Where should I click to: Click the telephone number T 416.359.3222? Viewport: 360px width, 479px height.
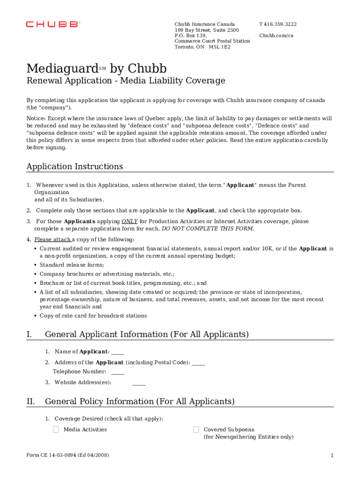[x=278, y=24]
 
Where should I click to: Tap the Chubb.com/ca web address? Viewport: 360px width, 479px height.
[x=276, y=36]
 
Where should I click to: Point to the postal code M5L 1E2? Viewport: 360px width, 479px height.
[x=220, y=47]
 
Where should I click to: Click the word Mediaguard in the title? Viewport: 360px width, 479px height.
[x=62, y=68]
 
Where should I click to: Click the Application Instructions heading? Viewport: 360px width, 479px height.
[x=75, y=167]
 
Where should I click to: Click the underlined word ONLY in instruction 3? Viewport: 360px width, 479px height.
[x=130, y=221]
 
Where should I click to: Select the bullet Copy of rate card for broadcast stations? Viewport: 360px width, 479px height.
[x=93, y=316]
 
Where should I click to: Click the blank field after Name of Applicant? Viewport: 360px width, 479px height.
[x=118, y=352]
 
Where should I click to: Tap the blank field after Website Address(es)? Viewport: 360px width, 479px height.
[x=139, y=383]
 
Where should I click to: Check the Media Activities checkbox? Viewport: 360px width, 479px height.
[x=56, y=429]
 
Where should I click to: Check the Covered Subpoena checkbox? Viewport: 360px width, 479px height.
[x=196, y=429]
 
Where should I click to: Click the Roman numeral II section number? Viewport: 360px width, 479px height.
[x=31, y=401]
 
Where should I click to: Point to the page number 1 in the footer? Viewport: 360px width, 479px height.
[x=331, y=456]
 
